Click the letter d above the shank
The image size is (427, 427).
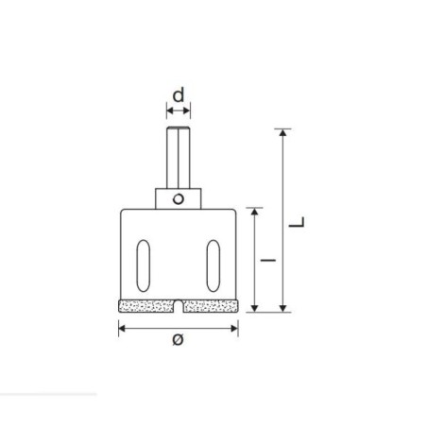coord(179,95)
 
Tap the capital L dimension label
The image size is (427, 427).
coord(297,222)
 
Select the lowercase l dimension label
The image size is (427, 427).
coord(268,261)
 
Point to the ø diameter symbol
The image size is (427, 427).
coord(179,339)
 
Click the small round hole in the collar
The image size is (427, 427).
coord(179,199)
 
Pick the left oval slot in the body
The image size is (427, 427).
coord(144,265)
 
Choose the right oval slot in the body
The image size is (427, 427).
coord(213,265)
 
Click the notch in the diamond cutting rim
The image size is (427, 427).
coord(179,306)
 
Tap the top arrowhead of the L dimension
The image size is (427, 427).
coord(283,132)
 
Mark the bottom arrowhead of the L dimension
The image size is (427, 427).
coord(283,308)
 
